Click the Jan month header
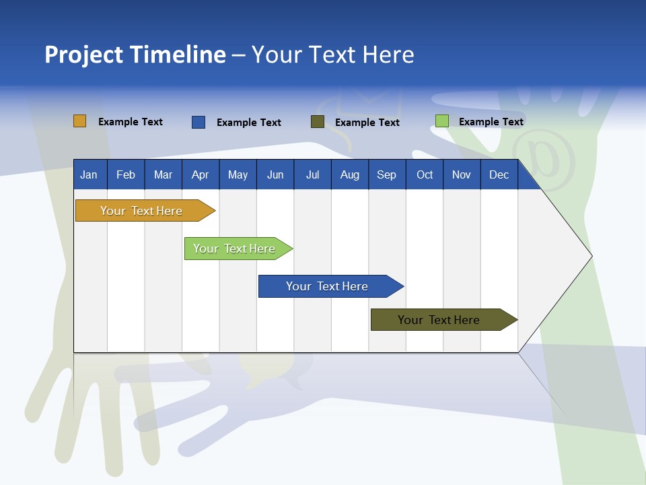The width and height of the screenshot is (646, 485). (x=89, y=174)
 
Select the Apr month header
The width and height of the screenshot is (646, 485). (x=201, y=174)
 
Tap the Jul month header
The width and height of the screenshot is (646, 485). (x=312, y=174)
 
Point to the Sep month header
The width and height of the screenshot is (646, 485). (x=386, y=174)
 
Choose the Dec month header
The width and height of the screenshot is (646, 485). (x=499, y=174)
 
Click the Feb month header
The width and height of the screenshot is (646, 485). (x=126, y=174)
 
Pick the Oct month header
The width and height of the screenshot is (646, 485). (x=425, y=174)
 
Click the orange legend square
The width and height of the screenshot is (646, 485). (x=79, y=121)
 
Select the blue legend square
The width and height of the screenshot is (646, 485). (x=198, y=122)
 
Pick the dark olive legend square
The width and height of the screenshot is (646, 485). (x=318, y=122)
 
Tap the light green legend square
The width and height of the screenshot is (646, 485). (x=441, y=121)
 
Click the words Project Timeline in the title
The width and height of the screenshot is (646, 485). (x=135, y=55)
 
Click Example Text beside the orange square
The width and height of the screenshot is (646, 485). (x=131, y=122)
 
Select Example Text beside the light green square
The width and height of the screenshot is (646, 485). (x=491, y=122)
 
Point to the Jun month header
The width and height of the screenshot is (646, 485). (x=275, y=174)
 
